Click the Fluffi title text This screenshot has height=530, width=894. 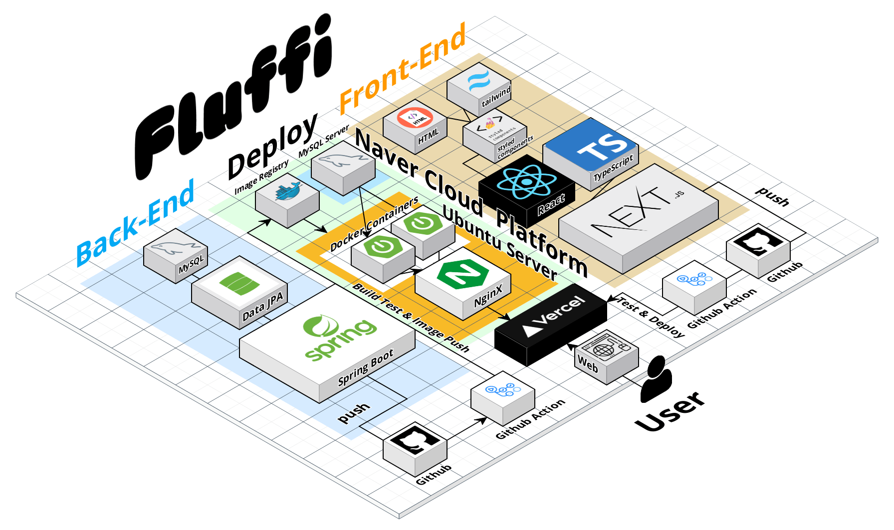click(234, 100)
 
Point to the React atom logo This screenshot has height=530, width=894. click(526, 182)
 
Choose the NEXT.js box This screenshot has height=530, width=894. click(639, 214)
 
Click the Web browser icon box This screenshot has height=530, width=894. click(606, 354)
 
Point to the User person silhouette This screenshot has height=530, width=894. click(656, 379)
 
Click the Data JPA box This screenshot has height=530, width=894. click(239, 292)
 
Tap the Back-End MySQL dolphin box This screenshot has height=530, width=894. click(175, 254)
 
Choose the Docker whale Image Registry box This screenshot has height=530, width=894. click(287, 197)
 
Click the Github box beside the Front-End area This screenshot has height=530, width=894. click(758, 249)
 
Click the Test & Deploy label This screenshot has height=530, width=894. click(651, 317)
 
